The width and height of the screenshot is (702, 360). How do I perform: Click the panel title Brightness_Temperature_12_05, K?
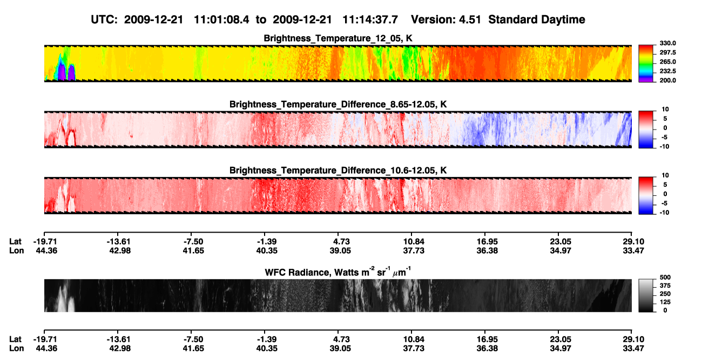click(x=338, y=38)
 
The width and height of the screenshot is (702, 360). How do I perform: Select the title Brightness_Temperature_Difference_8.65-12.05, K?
click(x=338, y=104)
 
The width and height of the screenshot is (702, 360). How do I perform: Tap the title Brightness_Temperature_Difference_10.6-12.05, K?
click(x=338, y=171)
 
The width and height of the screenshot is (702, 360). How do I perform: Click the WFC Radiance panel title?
click(x=338, y=272)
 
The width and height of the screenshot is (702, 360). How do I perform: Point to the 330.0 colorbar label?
click(x=667, y=43)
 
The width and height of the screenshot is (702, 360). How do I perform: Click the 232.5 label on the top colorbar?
click(x=667, y=71)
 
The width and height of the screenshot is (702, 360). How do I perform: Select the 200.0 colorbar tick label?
click(x=667, y=80)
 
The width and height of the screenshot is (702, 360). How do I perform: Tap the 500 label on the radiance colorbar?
click(x=665, y=277)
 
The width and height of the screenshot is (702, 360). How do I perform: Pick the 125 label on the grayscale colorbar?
click(x=665, y=302)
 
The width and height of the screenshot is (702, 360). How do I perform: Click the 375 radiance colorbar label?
click(x=665, y=286)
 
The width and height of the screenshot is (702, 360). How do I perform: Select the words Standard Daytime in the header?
click(x=537, y=19)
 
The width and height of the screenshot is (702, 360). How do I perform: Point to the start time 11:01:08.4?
click(x=221, y=19)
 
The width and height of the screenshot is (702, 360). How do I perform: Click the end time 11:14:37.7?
click(x=370, y=19)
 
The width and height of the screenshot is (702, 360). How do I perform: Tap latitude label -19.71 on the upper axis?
click(x=45, y=242)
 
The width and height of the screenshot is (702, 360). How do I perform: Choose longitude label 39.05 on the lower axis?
click(x=340, y=349)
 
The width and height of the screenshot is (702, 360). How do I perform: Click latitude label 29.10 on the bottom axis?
click(x=633, y=339)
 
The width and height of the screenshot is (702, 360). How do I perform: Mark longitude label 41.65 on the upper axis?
click(x=193, y=250)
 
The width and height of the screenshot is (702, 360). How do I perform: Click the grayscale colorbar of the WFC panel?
click(x=646, y=295)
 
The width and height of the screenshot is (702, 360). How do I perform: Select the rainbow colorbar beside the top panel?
click(x=646, y=64)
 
